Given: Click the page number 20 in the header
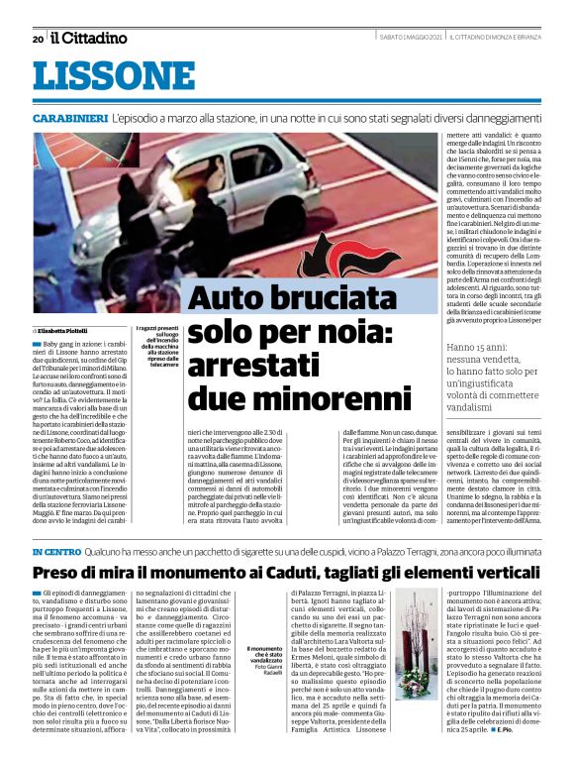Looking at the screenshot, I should pyautogui.click(x=38, y=39).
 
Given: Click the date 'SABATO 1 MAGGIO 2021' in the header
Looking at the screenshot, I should pyautogui.click(x=411, y=38).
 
